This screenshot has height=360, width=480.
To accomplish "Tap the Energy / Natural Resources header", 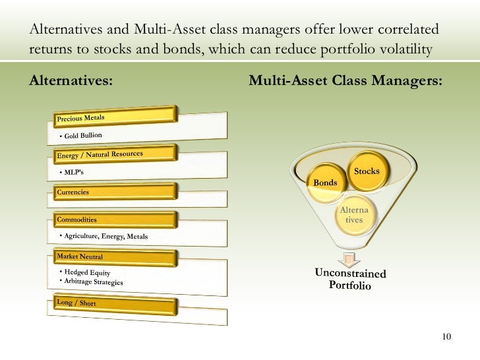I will click(x=112, y=154).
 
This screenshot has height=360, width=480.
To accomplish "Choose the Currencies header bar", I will click(x=112, y=192).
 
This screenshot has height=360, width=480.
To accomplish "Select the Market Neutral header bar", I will click(x=112, y=256).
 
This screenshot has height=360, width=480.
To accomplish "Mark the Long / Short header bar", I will click(x=112, y=305).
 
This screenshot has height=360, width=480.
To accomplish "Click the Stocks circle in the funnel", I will click(x=367, y=171).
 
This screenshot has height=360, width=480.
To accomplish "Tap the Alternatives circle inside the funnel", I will click(x=354, y=215).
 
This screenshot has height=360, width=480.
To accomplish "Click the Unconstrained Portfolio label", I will click(x=350, y=280).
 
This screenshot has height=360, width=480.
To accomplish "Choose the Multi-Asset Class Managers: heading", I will click(x=345, y=81).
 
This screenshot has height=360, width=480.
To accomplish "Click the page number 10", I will click(x=446, y=337).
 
